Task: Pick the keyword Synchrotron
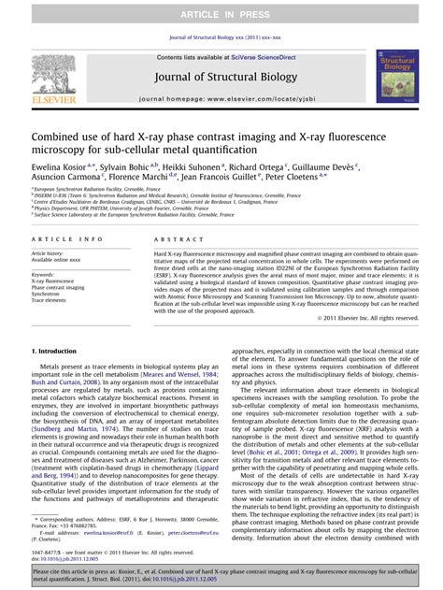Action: [x=48, y=293]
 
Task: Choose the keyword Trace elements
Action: [x=50, y=300]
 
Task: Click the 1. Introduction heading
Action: [x=58, y=351]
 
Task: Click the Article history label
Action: [x=48, y=253]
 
